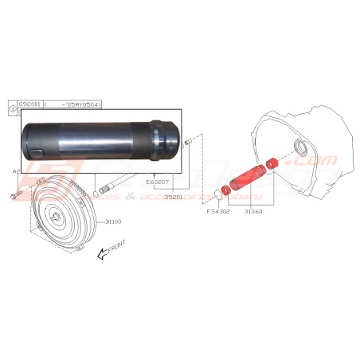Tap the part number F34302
(x=217, y=213)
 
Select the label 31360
(x=254, y=213)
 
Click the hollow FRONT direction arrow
(x=101, y=256)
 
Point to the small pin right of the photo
(x=188, y=142)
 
